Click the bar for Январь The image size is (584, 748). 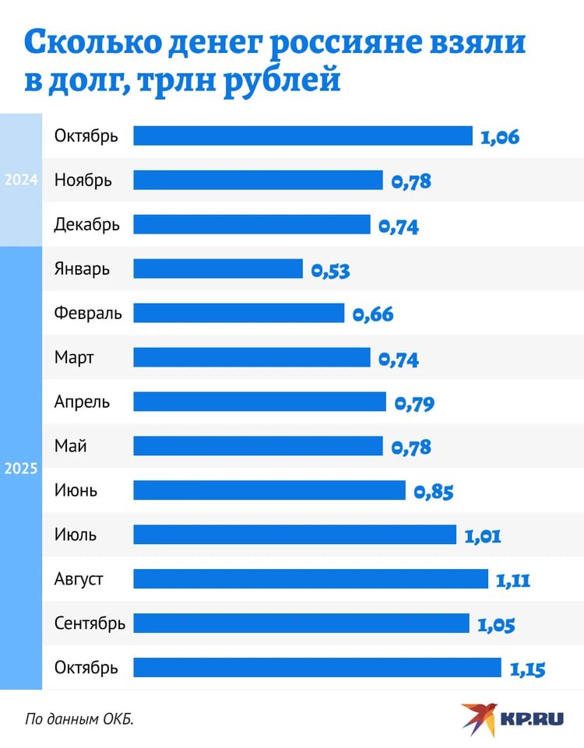218,269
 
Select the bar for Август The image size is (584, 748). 310,579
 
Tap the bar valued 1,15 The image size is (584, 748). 317,668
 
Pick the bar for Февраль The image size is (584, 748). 238,313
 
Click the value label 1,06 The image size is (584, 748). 499,138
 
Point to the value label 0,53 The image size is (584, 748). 330,271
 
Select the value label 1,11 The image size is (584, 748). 512,580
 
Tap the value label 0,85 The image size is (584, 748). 433,492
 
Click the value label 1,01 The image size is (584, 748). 482,536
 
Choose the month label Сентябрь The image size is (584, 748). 90,623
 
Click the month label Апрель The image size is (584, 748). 82,402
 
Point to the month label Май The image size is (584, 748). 70,446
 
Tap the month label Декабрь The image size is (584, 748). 87,225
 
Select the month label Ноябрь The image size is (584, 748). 83,181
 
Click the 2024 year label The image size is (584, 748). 21,180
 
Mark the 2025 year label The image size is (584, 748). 21,469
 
